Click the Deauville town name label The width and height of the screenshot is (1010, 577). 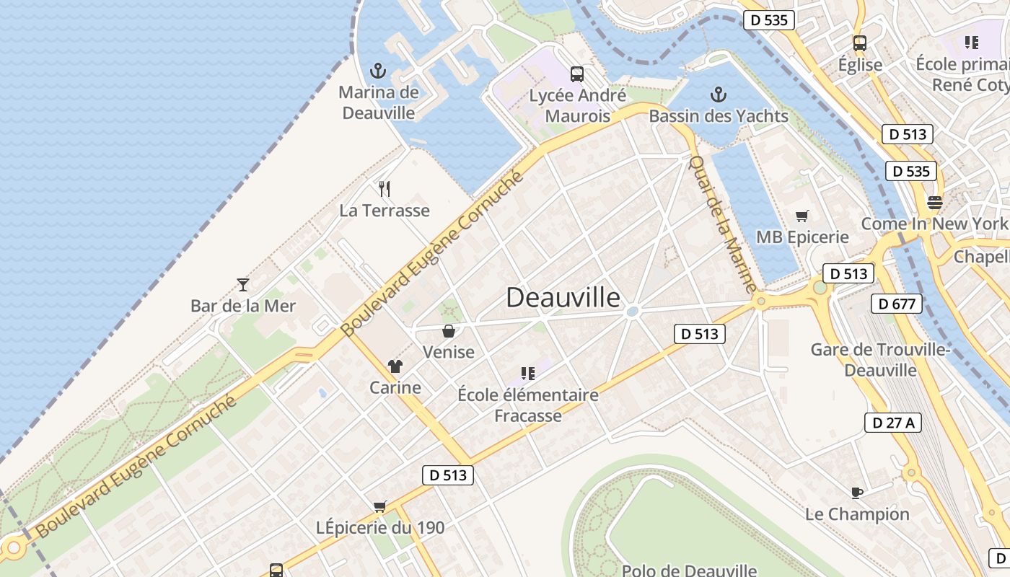click(x=563, y=297)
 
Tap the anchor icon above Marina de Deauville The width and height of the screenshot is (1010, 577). click(x=378, y=71)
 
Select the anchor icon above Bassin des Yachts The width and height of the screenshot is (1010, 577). click(x=718, y=94)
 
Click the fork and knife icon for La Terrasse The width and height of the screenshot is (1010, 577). click(x=385, y=189)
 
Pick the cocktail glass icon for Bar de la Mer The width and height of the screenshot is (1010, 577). click(x=243, y=284)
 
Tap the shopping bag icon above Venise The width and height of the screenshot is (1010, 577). click(x=449, y=331)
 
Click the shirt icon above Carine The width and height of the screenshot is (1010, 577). click(x=395, y=366)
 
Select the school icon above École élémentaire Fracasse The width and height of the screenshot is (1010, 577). click(x=528, y=373)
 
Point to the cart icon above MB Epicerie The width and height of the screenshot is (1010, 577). click(x=802, y=216)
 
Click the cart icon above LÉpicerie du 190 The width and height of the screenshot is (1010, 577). click(x=380, y=506)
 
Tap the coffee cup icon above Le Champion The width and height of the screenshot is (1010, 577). click(x=856, y=493)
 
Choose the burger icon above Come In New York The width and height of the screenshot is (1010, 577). click(x=935, y=202)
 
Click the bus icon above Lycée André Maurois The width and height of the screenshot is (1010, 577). click(x=577, y=74)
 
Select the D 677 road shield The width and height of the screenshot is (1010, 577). click(x=897, y=304)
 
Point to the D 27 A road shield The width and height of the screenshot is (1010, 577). click(x=892, y=423)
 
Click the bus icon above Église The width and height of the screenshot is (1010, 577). click(x=860, y=43)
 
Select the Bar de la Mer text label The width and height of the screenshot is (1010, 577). click(x=243, y=306)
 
